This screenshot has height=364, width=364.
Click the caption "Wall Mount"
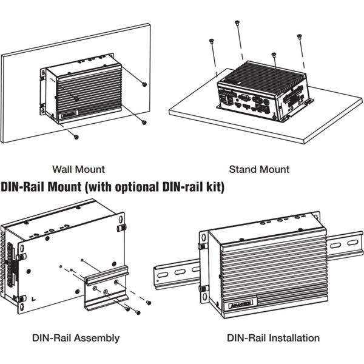click(x=78, y=169)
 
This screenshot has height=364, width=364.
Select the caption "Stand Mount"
click(x=259, y=169)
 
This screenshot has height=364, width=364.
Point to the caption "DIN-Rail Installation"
click(x=273, y=338)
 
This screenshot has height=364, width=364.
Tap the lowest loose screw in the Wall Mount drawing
click(x=76, y=136)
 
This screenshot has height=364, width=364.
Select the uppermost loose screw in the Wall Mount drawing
click(x=144, y=84)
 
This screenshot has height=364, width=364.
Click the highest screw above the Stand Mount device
click(x=237, y=23)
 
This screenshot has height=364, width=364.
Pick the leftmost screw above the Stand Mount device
click(x=211, y=41)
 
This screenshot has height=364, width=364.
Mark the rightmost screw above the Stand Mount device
click(x=300, y=37)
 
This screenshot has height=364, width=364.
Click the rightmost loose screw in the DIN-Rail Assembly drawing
click(x=149, y=302)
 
